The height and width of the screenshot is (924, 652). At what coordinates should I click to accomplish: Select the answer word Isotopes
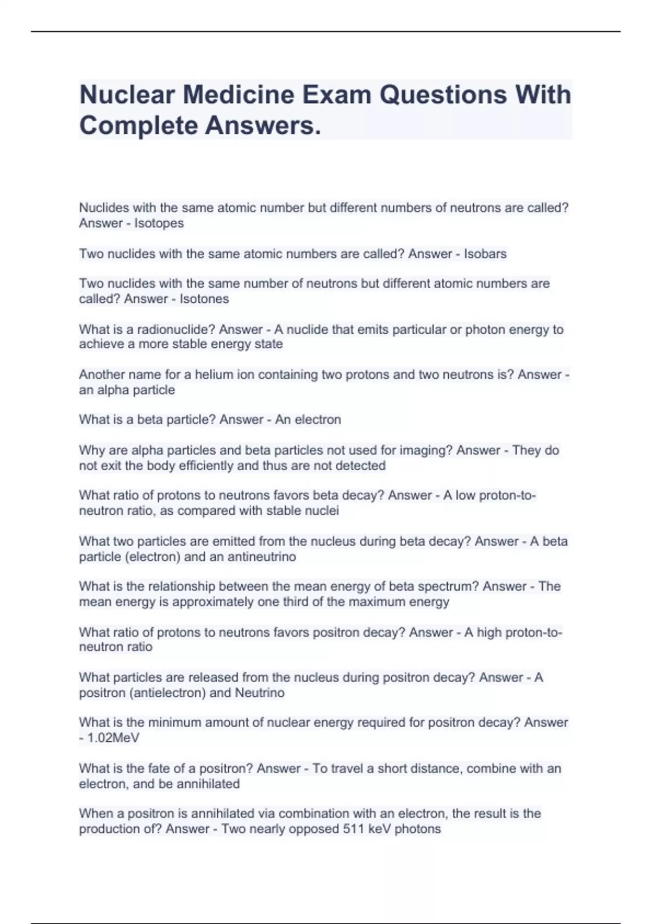pyautogui.click(x=159, y=223)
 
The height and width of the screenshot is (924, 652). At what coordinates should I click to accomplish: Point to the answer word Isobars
pyautogui.click(x=485, y=254)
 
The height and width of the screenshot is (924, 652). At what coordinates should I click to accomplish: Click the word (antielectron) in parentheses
pyautogui.click(x=166, y=693)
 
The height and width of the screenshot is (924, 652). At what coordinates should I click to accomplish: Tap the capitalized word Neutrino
pyautogui.click(x=259, y=693)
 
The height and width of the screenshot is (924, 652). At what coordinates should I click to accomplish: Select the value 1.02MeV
pyautogui.click(x=113, y=738)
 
